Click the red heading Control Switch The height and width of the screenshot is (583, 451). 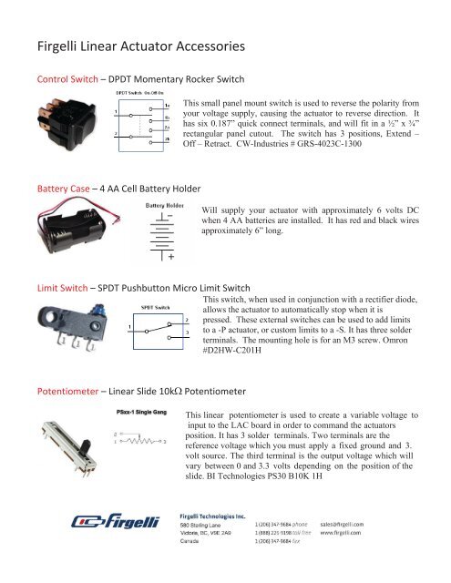click(x=63, y=77)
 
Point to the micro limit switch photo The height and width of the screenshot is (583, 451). click(x=67, y=338)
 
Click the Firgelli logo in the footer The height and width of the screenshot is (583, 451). click(x=117, y=547)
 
